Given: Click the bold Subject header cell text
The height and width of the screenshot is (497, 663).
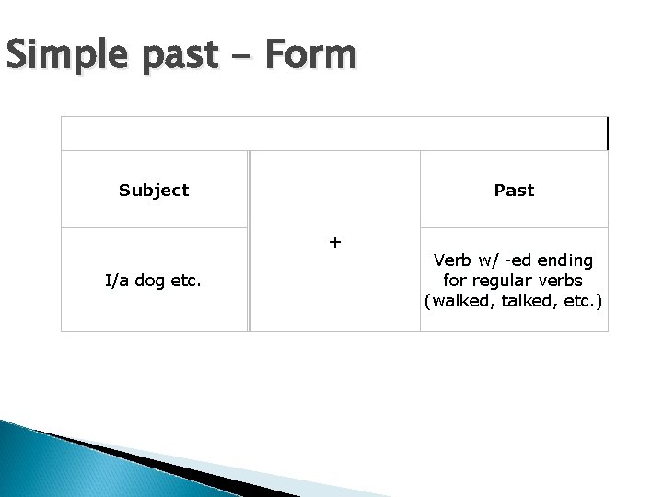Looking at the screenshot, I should pos(154,191).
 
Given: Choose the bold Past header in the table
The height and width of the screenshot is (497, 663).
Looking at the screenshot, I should pos(514,191).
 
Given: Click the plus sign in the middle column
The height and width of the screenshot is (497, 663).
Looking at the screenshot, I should pos(334,242).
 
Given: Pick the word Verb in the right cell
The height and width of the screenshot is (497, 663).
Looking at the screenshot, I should pos(453,261).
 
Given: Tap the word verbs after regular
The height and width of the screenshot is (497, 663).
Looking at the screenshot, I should pos(561,280).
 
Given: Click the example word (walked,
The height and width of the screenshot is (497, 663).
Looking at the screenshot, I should pos(452,299).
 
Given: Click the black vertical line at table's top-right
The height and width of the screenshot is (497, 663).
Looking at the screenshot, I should pos(608,133).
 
